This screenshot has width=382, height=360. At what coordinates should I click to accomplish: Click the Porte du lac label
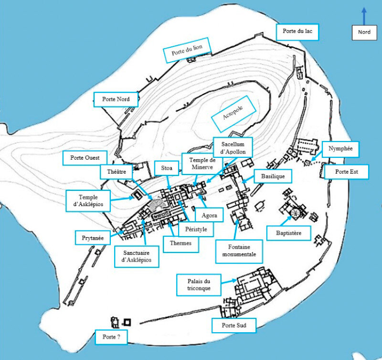tap(297, 32)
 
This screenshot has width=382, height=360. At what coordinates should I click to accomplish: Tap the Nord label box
tap(364, 33)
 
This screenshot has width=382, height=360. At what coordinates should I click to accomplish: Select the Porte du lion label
tap(187, 50)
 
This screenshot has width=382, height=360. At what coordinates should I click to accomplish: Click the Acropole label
tap(233, 114)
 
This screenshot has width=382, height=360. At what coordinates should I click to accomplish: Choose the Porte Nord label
tap(116, 99)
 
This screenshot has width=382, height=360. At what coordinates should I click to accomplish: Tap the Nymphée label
tap(340, 149)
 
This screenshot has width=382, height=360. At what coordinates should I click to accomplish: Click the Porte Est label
tap(346, 172)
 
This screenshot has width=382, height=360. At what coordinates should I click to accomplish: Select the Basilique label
tap(273, 176)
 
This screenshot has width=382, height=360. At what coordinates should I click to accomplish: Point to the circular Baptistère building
tap(295, 212)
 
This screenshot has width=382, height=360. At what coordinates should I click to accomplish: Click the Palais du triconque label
tap(199, 285)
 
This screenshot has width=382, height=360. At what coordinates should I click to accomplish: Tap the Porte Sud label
tap(234, 326)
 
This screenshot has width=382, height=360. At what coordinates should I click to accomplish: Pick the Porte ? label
tap(111, 337)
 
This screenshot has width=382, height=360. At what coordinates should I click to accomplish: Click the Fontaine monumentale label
tap(239, 251)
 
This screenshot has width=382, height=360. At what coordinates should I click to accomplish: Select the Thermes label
tap(181, 244)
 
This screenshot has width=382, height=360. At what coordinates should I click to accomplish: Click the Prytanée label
tap(93, 238)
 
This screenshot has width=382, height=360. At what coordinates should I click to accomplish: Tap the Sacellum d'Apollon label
tap(233, 148)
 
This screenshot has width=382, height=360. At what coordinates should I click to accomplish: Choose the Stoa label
tap(167, 168)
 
